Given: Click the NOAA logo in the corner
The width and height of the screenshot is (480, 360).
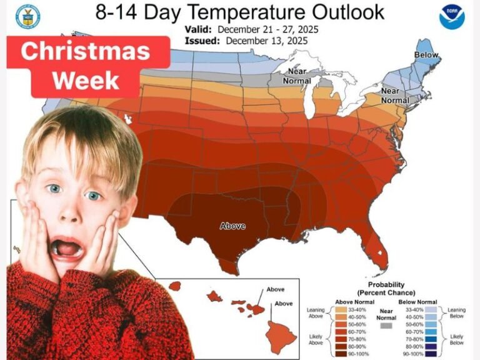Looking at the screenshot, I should [x=452, y=17].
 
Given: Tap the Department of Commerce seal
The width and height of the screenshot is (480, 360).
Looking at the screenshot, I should [x=28, y=17].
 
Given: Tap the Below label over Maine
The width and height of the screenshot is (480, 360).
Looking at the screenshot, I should [x=426, y=56].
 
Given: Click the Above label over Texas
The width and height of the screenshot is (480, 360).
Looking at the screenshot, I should [x=232, y=226].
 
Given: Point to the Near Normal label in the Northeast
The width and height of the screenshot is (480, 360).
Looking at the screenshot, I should [x=395, y=96].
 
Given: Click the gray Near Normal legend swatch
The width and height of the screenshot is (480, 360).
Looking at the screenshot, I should [x=386, y=326].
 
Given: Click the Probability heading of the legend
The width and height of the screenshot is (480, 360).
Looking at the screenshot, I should [x=386, y=285].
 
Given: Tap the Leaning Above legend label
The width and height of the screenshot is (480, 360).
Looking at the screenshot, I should [x=315, y=312].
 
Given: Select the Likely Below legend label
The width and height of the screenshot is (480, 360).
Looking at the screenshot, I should [x=457, y=340].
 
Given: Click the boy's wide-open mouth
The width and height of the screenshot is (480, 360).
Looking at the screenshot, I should [x=66, y=248].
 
